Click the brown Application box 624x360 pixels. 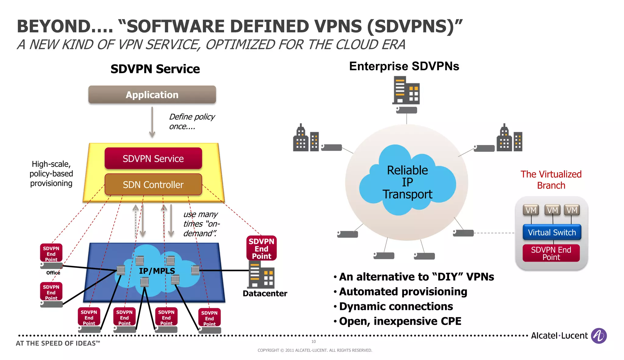[x=152, y=95]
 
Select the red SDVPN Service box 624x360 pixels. [x=153, y=158]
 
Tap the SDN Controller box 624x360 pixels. [x=153, y=185]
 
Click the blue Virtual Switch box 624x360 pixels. [x=552, y=232]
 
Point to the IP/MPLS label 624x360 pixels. [x=157, y=271]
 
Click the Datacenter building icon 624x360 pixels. [x=261, y=276]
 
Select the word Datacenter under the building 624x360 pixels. [x=265, y=294]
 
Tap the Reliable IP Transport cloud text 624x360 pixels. [x=407, y=182]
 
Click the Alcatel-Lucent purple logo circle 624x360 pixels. [x=599, y=336]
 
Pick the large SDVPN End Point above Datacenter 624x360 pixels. [x=261, y=248]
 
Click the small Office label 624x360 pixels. [x=53, y=273]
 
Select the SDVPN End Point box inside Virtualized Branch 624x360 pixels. [x=551, y=253]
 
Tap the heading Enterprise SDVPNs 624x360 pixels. [x=404, y=66]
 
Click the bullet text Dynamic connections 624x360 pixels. [x=396, y=306]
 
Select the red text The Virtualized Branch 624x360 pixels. [x=551, y=180]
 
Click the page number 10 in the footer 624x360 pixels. [x=314, y=342]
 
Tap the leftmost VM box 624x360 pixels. [x=531, y=210]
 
